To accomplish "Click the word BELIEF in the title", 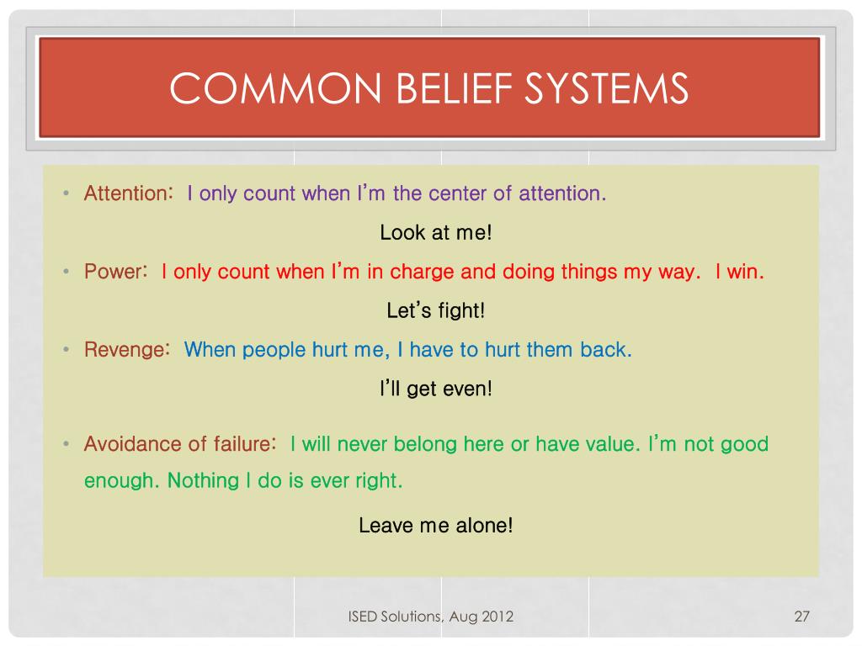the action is coord(454,87).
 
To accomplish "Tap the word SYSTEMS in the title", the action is coord(606,87).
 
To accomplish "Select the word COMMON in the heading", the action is coord(275,87).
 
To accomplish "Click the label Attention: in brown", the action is coord(129,193).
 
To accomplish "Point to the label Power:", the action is coord(116,272).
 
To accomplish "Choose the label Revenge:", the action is coord(127,350).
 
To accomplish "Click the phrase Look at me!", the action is coord(436,232).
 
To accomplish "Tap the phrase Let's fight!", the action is coord(436,310).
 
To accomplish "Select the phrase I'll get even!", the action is coord(436,389).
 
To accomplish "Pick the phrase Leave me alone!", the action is coord(436,525).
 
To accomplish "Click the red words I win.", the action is coord(739,272).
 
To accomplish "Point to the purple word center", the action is coord(457,193).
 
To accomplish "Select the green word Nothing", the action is coord(203,480).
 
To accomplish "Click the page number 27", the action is coord(802,617).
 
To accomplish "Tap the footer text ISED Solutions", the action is coord(395,617).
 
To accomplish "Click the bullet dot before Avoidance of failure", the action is coord(66,444).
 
